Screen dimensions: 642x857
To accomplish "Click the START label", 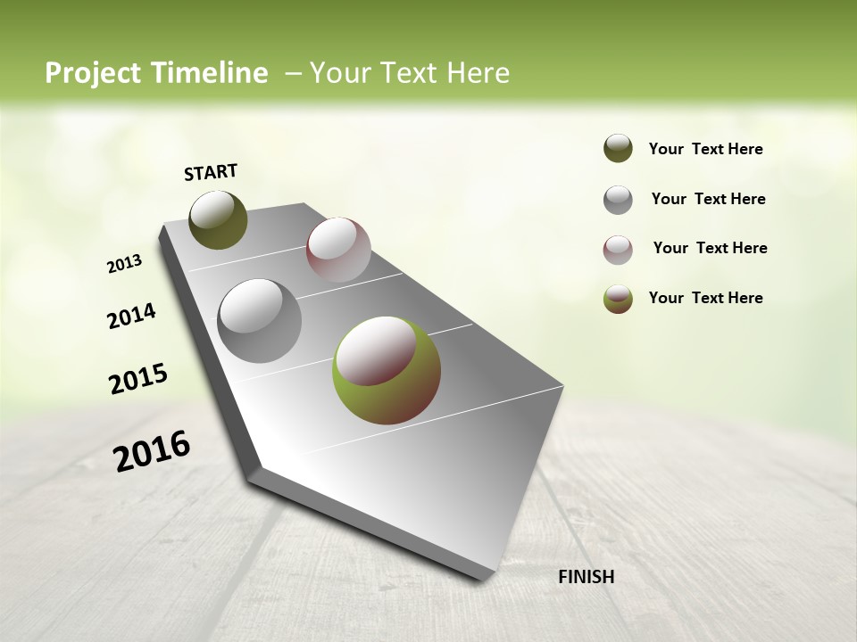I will (211, 172).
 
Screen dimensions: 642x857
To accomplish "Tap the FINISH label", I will (586, 577).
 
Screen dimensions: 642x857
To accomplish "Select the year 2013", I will (124, 264).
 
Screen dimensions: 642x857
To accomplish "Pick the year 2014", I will (131, 316).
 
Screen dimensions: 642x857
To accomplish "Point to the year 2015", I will (138, 378).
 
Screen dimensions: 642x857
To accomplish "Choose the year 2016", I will (152, 450).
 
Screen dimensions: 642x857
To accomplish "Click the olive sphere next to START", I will (218, 219).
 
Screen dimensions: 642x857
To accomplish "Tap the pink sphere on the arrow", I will (338, 250).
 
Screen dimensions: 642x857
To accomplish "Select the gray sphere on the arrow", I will (260, 321).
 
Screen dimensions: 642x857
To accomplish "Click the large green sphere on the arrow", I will (387, 369).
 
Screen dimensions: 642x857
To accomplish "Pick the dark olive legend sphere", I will (618, 149).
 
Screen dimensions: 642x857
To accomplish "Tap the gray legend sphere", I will (618, 200).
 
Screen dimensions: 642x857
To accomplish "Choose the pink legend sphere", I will (618, 250).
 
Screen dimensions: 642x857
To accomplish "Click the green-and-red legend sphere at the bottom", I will (618, 299).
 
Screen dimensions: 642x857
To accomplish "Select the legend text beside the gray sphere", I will (708, 199).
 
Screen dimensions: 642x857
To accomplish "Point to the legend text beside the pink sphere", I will (710, 248).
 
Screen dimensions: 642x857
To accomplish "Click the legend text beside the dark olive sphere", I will (705, 149).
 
